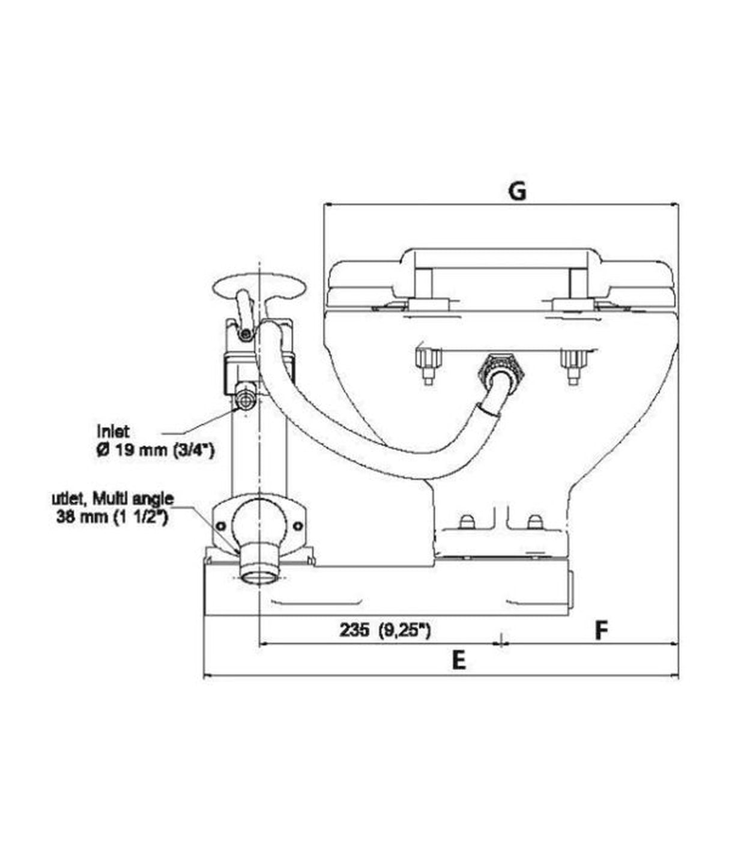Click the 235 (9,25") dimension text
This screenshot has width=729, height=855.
click(385, 630)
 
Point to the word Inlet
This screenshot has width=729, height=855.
click(113, 430)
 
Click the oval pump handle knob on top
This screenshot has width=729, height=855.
click(258, 283)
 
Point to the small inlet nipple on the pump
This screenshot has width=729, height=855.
click(246, 399)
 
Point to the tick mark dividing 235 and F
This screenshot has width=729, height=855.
click(500, 641)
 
